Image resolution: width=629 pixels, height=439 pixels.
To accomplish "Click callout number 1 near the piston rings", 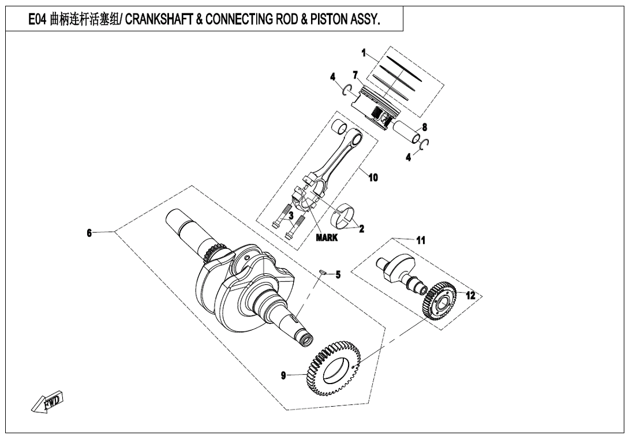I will point(364,53).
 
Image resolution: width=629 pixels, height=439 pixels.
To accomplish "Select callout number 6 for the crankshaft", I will point(89,233).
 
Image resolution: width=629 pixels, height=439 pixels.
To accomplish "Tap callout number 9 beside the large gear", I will point(283,375).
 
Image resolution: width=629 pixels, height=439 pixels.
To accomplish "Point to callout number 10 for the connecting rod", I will point(373,177).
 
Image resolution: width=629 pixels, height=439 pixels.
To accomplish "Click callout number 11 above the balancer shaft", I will point(421,240).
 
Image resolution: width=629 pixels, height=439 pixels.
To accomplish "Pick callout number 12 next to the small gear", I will point(470,295).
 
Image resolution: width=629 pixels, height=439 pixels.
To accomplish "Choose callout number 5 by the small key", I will point(338,275).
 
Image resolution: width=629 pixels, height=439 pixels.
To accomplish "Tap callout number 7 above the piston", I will point(355,75).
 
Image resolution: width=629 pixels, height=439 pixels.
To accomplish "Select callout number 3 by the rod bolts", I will point(291,215).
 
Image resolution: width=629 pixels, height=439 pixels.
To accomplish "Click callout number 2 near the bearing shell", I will point(361,228).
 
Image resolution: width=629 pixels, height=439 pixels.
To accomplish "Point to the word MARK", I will point(327,237).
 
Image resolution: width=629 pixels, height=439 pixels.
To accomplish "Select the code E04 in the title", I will point(40,21).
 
